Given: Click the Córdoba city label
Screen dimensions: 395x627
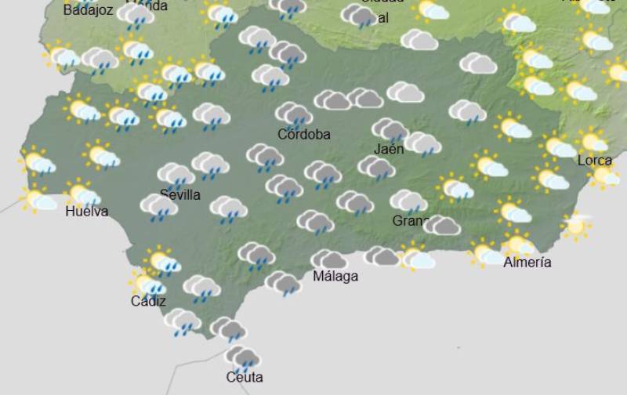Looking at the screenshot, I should tap(304, 135).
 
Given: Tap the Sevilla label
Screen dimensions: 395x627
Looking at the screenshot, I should tap(180, 195).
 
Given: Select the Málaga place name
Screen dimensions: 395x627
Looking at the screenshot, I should tap(335, 277).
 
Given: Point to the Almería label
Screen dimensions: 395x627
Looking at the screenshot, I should tap(527, 263).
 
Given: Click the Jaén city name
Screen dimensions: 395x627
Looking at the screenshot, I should tap(390, 149).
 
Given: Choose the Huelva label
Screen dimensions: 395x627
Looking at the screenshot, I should tap(87, 212).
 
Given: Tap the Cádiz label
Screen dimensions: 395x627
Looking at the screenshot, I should tap(148, 301).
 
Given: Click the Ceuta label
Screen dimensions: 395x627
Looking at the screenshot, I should tap(244, 378).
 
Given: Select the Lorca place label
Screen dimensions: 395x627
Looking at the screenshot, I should tap(595, 161).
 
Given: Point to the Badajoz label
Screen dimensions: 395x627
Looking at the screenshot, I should tap(88, 11).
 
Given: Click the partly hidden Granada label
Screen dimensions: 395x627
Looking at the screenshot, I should tap(410, 221).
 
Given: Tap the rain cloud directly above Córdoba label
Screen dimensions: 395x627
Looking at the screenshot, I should tap(294, 114).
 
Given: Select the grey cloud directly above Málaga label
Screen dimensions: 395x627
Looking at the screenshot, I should tap(329, 259).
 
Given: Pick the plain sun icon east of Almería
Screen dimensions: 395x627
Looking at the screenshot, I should tap(576, 226).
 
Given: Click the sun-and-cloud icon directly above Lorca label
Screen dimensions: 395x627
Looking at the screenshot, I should tap(593, 141).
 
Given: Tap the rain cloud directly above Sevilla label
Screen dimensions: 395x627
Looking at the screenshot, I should tap(176, 175).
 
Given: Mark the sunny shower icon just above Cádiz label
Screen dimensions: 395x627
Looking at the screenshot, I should tap(147, 284).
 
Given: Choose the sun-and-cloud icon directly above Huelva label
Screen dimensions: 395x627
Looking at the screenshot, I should tap(82, 193).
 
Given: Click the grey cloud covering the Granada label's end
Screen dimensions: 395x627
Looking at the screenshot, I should tap(442, 226).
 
